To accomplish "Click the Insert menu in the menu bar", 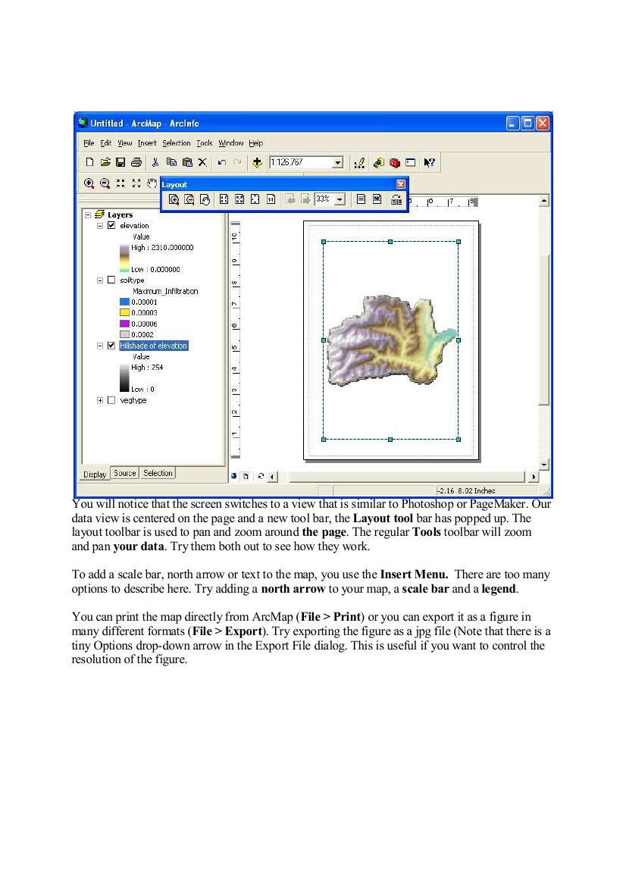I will pyautogui.click(x=147, y=143).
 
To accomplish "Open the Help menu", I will pyautogui.click(x=255, y=143).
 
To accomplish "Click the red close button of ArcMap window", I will pyautogui.click(x=543, y=123).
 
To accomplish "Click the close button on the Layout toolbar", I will pyautogui.click(x=401, y=184).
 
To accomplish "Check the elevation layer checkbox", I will pyautogui.click(x=111, y=226).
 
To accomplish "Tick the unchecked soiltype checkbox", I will pyautogui.click(x=111, y=280).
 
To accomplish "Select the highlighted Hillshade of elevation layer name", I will pyautogui.click(x=153, y=346).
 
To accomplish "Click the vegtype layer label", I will pyautogui.click(x=133, y=400).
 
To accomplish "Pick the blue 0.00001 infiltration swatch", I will pyautogui.click(x=125, y=302).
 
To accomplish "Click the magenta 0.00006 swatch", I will pyautogui.click(x=125, y=323).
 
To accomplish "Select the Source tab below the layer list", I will pyautogui.click(x=125, y=473).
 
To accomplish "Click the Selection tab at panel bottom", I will pyautogui.click(x=158, y=473).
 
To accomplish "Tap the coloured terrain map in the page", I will pyautogui.click(x=387, y=337).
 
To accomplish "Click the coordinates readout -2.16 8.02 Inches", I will pyautogui.click(x=466, y=491).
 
